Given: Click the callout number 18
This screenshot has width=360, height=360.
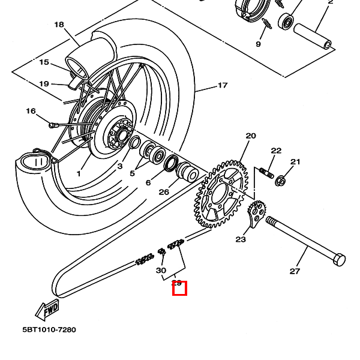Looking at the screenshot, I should [59, 25].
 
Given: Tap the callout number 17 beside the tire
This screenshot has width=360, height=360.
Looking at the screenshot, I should [223, 85].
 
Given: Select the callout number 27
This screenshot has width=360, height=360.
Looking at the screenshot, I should [295, 271].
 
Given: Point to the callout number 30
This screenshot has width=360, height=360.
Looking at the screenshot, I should [161, 271].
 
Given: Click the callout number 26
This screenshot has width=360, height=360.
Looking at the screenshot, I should [164, 193].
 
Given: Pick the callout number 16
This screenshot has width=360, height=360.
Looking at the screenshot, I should [31, 111].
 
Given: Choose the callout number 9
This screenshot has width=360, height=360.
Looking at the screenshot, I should [259, 44].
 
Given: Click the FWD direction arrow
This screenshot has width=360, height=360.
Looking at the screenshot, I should [47, 310].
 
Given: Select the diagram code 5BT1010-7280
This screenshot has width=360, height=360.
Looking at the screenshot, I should [49, 330].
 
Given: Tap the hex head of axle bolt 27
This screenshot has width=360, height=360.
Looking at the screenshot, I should [338, 261].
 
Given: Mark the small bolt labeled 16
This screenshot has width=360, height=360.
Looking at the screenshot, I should [53, 125].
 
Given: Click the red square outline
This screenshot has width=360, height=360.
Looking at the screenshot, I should [179, 289].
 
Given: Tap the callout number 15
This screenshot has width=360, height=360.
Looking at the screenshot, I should [44, 62].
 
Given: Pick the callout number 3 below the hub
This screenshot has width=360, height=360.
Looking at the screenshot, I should [119, 166].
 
